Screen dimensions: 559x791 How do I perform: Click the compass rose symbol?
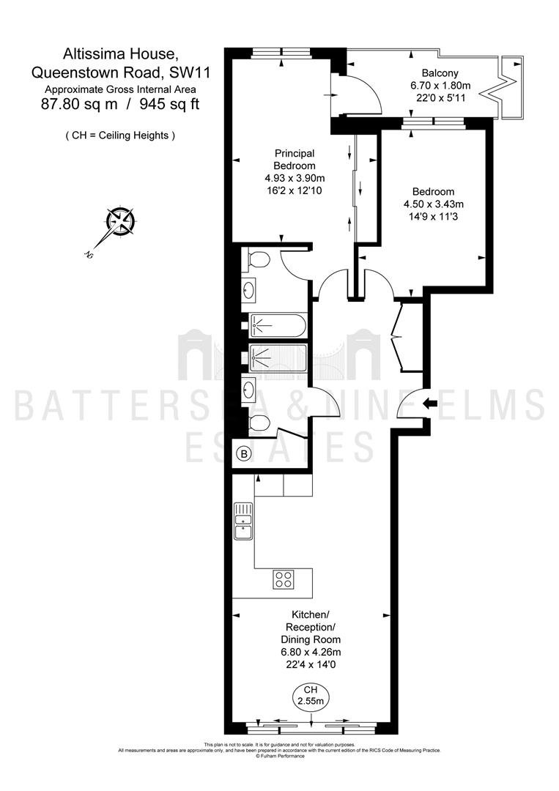(x=121, y=220)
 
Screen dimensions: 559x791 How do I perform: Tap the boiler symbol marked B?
(x=244, y=454)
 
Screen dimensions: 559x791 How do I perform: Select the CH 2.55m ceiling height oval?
(x=311, y=697)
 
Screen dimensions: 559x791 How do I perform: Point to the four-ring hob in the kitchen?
(x=284, y=579)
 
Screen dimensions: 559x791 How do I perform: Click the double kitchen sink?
(x=243, y=521)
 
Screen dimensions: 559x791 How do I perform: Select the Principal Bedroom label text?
(x=295, y=159)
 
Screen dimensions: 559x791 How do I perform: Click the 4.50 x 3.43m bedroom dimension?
(x=434, y=204)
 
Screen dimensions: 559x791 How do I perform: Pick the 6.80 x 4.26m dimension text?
(x=311, y=652)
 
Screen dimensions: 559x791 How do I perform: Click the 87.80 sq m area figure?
(x=79, y=105)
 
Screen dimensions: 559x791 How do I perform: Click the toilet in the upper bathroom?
(x=259, y=260)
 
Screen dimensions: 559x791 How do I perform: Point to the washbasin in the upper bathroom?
(x=248, y=289)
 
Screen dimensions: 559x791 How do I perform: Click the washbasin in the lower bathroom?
(x=248, y=389)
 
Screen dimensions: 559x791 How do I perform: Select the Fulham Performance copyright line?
(x=280, y=756)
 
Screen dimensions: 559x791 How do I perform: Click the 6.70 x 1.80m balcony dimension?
(x=440, y=86)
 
